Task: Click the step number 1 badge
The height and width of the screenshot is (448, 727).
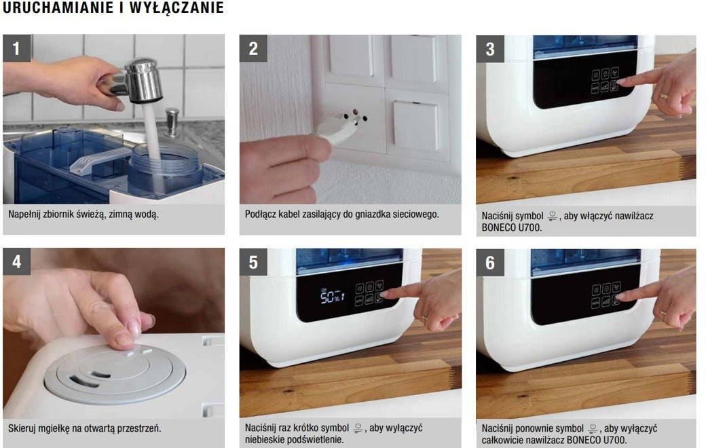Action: click(17, 48)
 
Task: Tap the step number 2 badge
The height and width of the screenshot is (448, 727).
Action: click(253, 48)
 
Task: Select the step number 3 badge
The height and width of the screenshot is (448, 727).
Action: click(490, 49)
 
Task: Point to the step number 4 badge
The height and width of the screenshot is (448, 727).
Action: click(17, 261)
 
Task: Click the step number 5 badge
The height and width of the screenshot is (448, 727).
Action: click(253, 262)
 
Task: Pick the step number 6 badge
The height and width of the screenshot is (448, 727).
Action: click(490, 263)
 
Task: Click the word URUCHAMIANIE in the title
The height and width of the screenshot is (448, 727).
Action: click(58, 7)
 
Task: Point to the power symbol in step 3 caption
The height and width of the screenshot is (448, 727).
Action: click(552, 216)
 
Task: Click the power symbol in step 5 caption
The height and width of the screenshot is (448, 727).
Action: click(358, 428)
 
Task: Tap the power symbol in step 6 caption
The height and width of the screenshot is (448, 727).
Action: click(593, 428)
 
